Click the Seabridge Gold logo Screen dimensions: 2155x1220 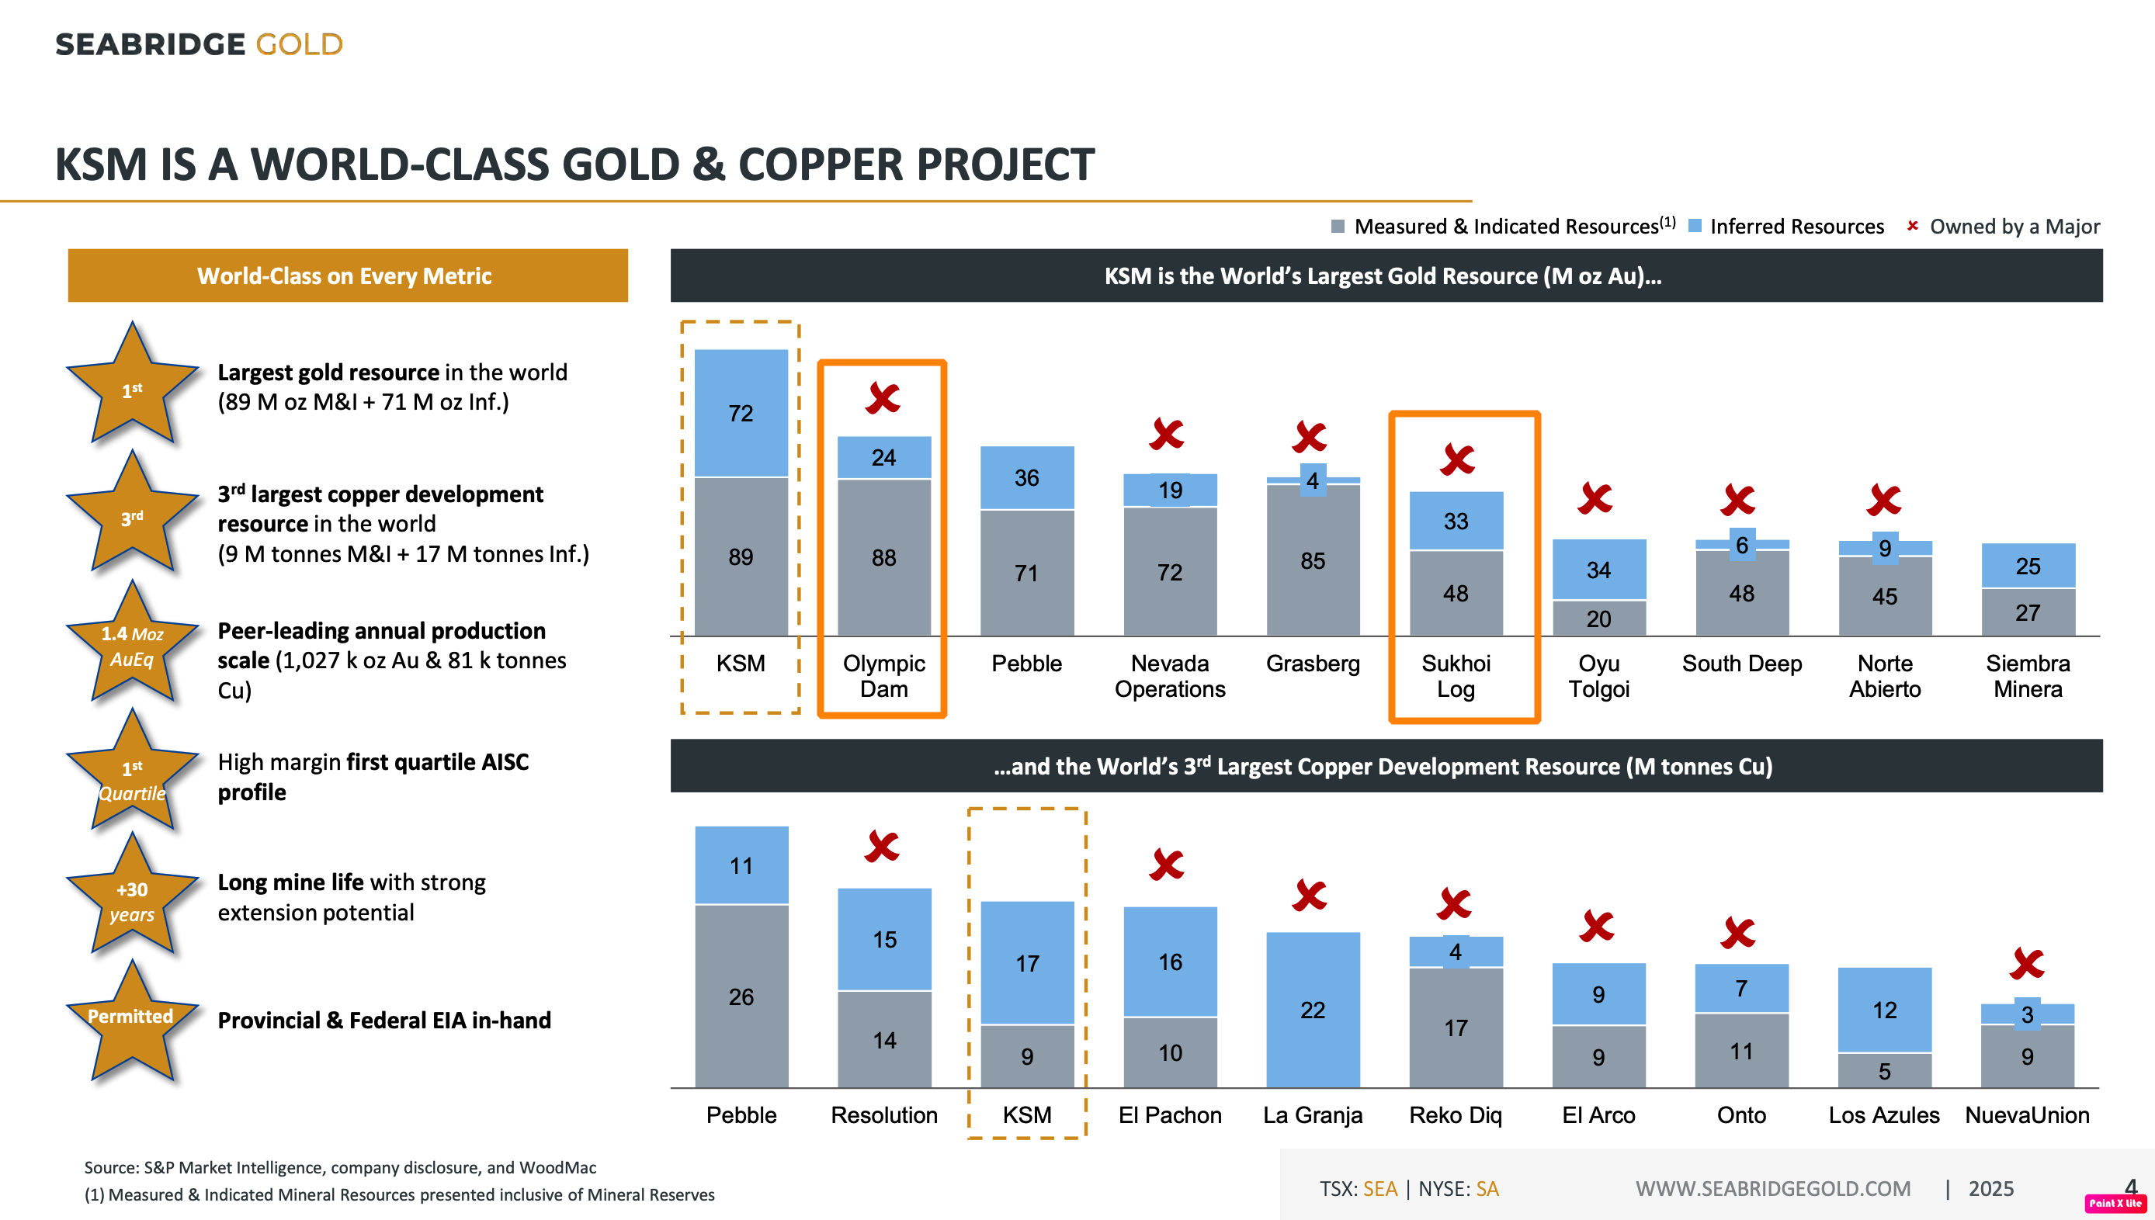pyautogui.click(x=199, y=43)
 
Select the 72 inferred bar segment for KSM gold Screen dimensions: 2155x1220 pyautogui.click(x=741, y=413)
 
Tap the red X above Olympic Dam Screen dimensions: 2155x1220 pyautogui.click(x=883, y=398)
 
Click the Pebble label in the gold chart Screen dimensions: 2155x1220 pyautogui.click(x=1026, y=664)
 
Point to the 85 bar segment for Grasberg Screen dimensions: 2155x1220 pyautogui.click(x=1313, y=560)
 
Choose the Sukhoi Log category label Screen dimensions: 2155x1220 pyautogui.click(x=1456, y=676)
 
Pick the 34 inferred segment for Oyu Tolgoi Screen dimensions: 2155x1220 pyautogui.click(x=1598, y=570)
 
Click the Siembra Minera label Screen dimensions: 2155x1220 pyautogui.click(x=2028, y=676)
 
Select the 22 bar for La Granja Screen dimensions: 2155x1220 pyautogui.click(x=1313, y=1010)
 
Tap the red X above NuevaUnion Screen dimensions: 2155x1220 pyautogui.click(x=2027, y=964)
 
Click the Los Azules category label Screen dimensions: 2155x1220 pyautogui.click(x=1883, y=1115)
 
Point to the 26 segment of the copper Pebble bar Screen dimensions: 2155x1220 pyautogui.click(x=741, y=996)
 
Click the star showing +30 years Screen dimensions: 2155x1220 pyautogui.click(x=131, y=896)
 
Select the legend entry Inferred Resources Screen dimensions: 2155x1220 pyautogui.click(x=1785, y=227)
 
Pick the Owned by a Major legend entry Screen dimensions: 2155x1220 pyautogui.click(x=2004, y=227)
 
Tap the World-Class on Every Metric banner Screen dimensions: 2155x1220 pyautogui.click(x=348, y=276)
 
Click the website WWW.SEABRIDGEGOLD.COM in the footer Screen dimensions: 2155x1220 pyautogui.click(x=1773, y=1189)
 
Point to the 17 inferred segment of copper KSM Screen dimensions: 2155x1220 pyautogui.click(x=1027, y=963)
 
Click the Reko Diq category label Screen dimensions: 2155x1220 pyautogui.click(x=1456, y=1115)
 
